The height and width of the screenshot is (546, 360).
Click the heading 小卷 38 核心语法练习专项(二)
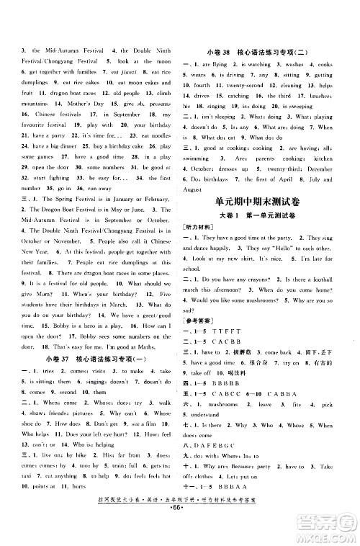click(264, 50)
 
